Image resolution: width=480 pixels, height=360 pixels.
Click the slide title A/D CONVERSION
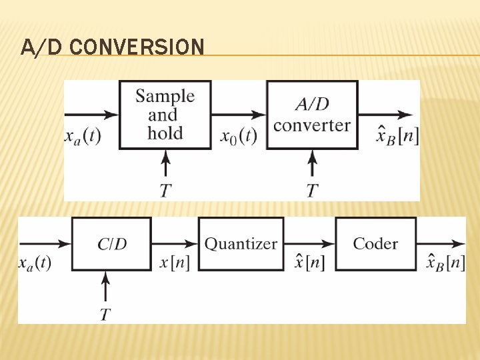pyautogui.click(x=112, y=47)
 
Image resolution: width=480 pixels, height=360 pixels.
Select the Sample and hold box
pyautogui.click(x=165, y=115)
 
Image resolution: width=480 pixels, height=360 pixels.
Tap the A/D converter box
pyautogui.click(x=312, y=115)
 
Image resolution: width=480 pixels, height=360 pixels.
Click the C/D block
pyautogui.click(x=112, y=244)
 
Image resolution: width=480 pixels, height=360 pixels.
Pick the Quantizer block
pyautogui.click(x=241, y=244)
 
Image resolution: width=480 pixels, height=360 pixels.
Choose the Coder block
pyautogui.click(x=376, y=244)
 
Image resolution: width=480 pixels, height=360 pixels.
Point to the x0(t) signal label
pyautogui.click(x=238, y=136)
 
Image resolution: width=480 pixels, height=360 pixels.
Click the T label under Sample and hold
pyautogui.click(x=165, y=191)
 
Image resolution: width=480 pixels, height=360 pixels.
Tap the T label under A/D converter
pyautogui.click(x=312, y=191)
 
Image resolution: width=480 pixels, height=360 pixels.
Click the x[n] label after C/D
pyautogui.click(x=175, y=263)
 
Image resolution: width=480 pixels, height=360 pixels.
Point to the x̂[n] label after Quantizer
pyautogui.click(x=310, y=262)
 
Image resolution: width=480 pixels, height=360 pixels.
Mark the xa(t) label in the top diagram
pyautogui.click(x=82, y=136)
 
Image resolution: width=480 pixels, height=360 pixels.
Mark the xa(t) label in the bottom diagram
pyautogui.click(x=35, y=263)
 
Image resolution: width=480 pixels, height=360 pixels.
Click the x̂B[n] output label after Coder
pyautogui.click(x=445, y=262)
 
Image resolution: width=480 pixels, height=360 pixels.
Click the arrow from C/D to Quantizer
pyautogui.click(x=175, y=244)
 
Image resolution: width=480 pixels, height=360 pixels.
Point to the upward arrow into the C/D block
pyautogui.click(x=105, y=287)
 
